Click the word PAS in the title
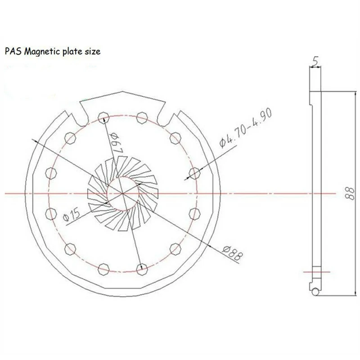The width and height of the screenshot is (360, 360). (x=13, y=51)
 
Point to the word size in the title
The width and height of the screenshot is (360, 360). (x=93, y=51)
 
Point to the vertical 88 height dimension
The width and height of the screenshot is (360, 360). (x=350, y=193)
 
